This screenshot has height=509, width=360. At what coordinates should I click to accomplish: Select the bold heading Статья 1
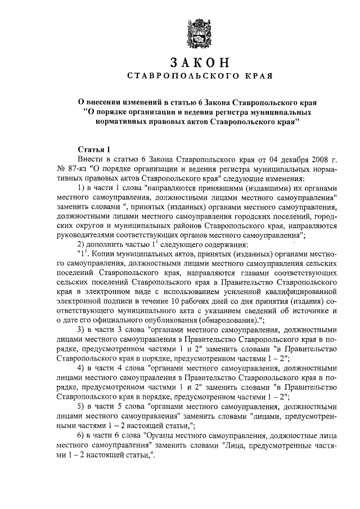(x=93, y=149)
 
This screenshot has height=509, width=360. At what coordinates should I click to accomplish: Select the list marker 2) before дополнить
(x=81, y=245)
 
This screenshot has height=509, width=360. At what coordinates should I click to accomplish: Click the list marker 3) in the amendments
(x=81, y=330)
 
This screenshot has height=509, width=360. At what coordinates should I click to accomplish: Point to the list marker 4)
(x=81, y=368)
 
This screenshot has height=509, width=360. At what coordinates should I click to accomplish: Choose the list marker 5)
(x=81, y=406)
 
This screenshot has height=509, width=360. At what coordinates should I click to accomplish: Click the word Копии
(x=106, y=254)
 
